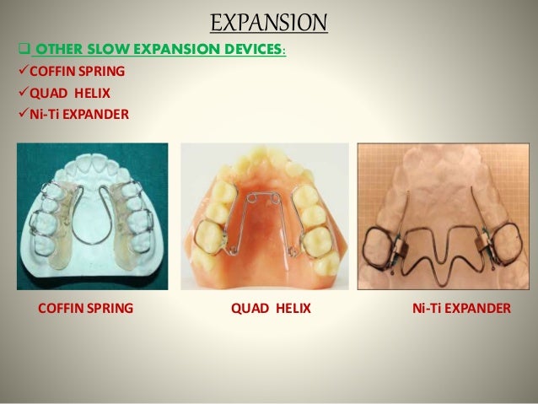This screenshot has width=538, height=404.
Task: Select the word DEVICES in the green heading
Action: [x=250, y=50]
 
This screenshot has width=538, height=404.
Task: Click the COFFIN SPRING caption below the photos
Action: [x=86, y=309]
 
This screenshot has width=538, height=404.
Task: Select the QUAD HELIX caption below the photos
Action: [x=271, y=309]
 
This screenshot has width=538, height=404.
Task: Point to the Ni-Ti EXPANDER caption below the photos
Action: [x=459, y=309]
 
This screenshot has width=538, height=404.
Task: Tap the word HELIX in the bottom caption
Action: [x=290, y=309]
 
